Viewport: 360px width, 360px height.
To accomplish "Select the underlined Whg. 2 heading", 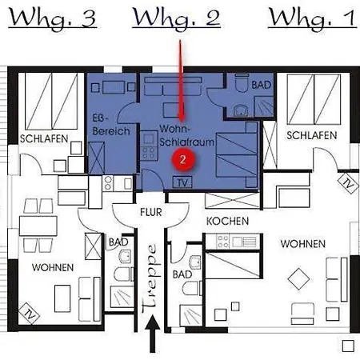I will [x=176, y=18].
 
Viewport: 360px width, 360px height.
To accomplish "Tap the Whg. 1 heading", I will [x=311, y=18].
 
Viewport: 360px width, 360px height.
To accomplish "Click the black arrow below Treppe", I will [x=152, y=336].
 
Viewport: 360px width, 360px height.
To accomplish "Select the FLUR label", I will [x=151, y=214].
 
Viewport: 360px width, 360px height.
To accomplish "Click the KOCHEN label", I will [x=227, y=221].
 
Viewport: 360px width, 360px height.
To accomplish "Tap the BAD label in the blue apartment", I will [x=261, y=84].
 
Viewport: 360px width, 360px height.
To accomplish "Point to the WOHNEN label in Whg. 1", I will [x=302, y=243].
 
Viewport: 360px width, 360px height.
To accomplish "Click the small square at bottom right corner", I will [x=347, y=346].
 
